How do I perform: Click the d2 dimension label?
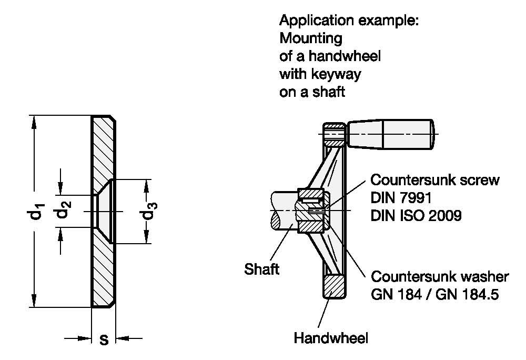pos(63,209)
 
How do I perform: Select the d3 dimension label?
pos(149,211)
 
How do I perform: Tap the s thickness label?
pos(104,340)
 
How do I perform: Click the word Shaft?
pos(261,269)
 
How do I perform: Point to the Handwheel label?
pos(331,338)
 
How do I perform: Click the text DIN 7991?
pos(401,198)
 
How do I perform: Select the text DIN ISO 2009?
pos(416,215)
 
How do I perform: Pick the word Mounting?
pos(311,38)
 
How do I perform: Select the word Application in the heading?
pos(316,21)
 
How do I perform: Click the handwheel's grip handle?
pos(391,134)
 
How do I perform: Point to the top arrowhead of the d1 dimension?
pos(34,122)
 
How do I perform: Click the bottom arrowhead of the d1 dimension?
pos(34,301)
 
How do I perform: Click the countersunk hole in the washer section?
pos(104,211)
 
